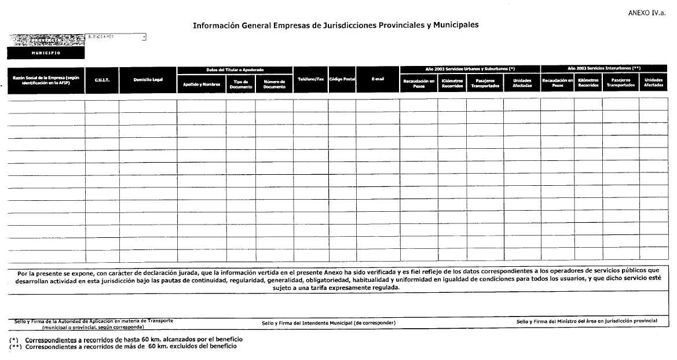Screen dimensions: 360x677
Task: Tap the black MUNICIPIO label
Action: pos(46,53)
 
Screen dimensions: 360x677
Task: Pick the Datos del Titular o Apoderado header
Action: pos(235,69)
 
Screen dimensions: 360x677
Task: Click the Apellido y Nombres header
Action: pos(202,84)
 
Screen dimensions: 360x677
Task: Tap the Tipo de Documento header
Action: pos(241,84)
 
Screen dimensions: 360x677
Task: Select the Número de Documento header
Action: pos(274,84)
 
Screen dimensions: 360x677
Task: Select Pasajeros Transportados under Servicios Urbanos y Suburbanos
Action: pos(485,83)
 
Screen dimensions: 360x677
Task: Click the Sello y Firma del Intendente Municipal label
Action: pos(328,322)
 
